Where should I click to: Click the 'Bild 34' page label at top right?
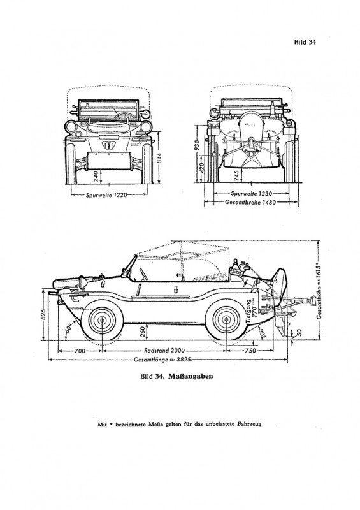305,42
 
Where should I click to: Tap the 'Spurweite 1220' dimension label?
105,195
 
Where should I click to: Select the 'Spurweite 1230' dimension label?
251,194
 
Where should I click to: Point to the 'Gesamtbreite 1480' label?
250,202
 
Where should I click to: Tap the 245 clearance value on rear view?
237,176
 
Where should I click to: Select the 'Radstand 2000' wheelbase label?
164,351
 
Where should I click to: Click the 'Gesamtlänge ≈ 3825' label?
162,360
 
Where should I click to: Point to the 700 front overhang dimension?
80,351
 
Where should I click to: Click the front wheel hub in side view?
102,321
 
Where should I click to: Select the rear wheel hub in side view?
226,321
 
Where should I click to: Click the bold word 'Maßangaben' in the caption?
191,376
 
